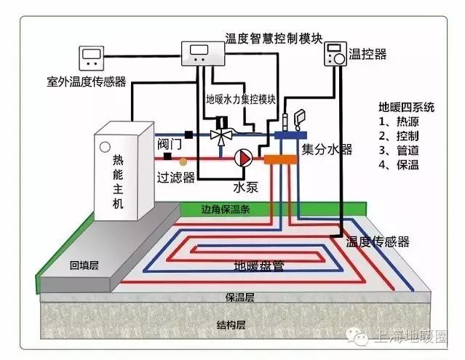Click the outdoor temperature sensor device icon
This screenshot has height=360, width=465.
92,56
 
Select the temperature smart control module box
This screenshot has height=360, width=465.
199,52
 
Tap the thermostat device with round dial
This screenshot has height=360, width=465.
335,55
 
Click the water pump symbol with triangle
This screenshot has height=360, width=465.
242,156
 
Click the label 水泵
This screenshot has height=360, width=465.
246,186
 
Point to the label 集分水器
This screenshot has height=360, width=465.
327,149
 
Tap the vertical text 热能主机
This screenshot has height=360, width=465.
118,182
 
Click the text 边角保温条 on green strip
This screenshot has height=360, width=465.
225,209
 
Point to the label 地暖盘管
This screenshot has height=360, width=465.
258,265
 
